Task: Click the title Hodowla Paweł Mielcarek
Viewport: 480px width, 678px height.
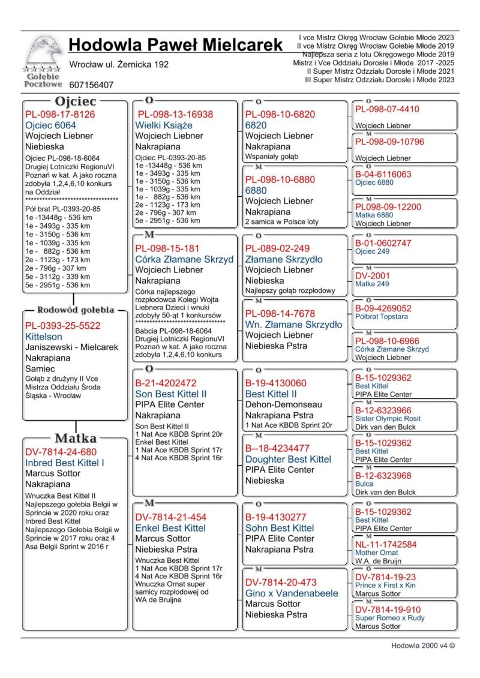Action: [175, 45]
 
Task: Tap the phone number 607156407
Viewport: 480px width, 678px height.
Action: [91, 85]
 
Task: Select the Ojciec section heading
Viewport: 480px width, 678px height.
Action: [75, 101]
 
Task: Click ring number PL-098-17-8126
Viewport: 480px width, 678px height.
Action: [60, 114]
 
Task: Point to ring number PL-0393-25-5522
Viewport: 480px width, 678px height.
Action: [63, 326]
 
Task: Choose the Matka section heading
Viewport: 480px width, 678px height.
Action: [76, 438]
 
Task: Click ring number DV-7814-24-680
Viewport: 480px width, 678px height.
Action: [61, 452]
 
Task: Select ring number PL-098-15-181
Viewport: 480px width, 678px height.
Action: [167, 248]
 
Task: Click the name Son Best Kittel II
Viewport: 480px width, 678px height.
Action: [171, 394]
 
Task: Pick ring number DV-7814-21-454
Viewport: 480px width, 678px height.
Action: [171, 517]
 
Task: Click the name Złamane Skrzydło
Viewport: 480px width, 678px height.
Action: [284, 259]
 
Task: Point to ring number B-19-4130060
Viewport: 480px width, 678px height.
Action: [276, 383]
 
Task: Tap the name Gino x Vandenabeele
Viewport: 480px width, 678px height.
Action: [292, 593]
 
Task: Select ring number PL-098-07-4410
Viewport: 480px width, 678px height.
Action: [395, 109]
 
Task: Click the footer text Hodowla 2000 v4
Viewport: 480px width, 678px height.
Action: [422, 646]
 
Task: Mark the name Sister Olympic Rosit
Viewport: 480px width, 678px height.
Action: [388, 418]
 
